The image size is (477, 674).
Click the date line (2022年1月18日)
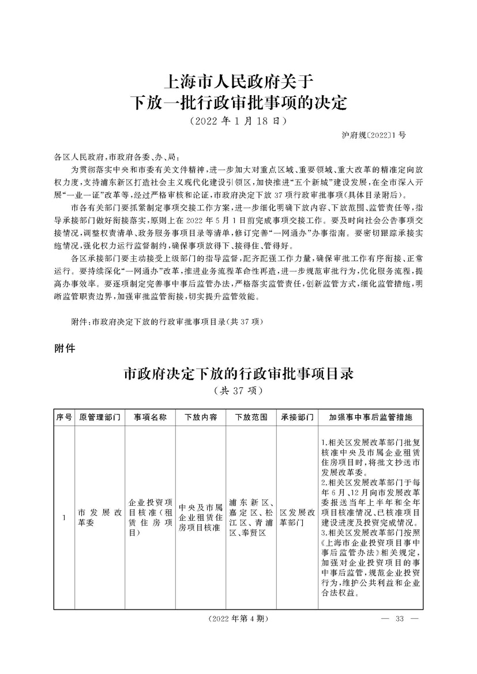[x=238, y=122]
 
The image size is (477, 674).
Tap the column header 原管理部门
[x=100, y=416]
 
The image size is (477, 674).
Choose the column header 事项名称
[x=151, y=416]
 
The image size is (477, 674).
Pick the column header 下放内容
[x=201, y=416]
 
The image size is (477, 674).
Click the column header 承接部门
[x=298, y=416]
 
